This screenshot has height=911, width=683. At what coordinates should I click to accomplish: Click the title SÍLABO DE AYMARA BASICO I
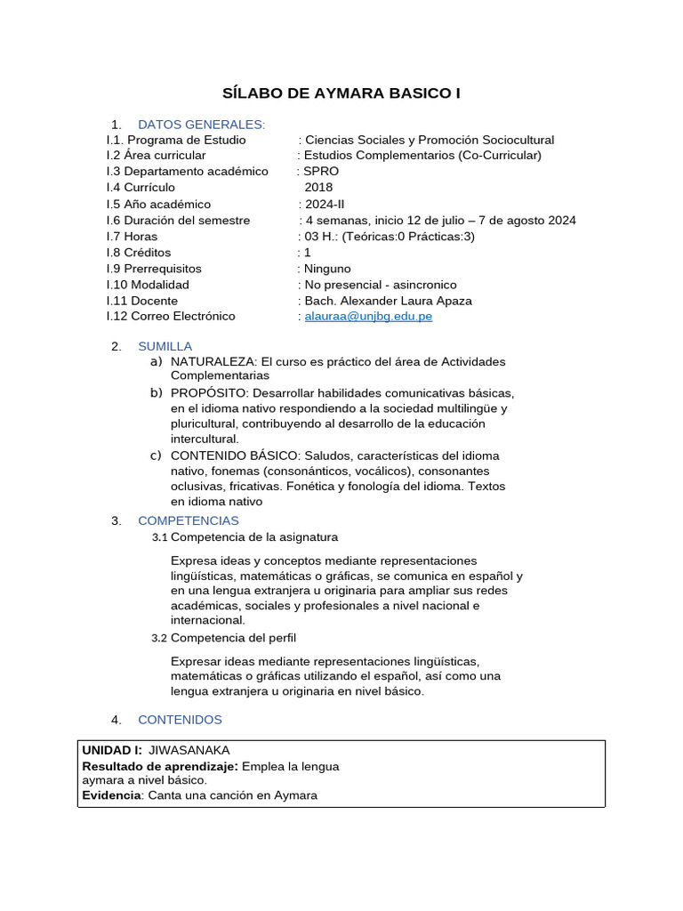click(x=341, y=93)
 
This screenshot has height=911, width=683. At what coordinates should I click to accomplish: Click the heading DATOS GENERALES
click(x=201, y=124)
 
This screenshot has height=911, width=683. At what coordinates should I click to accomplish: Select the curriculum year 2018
click(x=318, y=188)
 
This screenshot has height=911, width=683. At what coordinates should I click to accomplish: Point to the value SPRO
click(x=321, y=172)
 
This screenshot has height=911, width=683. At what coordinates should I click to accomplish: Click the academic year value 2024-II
click(x=324, y=204)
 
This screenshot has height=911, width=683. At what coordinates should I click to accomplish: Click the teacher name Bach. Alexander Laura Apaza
click(x=389, y=300)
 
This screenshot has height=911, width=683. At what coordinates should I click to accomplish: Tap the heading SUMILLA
click(x=165, y=345)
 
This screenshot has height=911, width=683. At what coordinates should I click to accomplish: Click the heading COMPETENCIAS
click(x=188, y=520)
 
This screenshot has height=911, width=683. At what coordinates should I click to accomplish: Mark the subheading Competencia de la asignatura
click(x=253, y=537)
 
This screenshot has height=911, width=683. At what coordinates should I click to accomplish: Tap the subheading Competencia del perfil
click(x=233, y=638)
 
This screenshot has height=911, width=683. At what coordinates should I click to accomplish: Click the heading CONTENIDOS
click(x=180, y=719)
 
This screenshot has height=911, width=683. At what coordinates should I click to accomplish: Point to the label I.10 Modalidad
click(x=148, y=284)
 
